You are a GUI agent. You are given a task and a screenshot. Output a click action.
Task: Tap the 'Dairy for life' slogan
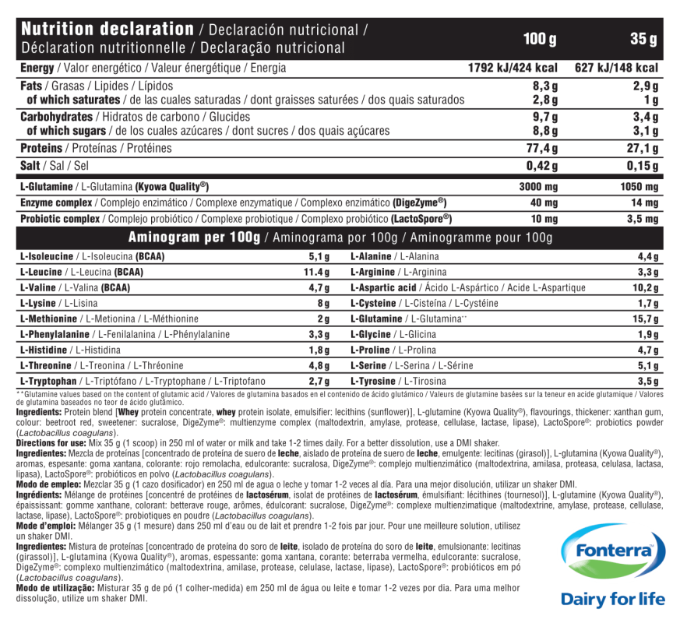pyautogui.click(x=613, y=599)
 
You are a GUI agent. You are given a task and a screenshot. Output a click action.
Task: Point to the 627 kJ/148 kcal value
pyautogui.click(x=616, y=68)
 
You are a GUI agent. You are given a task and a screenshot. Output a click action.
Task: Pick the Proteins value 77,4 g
pyautogui.click(x=543, y=148)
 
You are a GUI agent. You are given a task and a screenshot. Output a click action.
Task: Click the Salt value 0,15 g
pyautogui.click(x=643, y=166)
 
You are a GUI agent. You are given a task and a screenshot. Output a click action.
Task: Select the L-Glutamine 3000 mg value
pyautogui.click(x=539, y=187)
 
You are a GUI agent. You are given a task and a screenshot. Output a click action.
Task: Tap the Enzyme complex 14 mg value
pyautogui.click(x=645, y=202)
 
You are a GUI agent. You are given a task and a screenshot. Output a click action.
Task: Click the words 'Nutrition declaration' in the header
pyautogui.click(x=107, y=30)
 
